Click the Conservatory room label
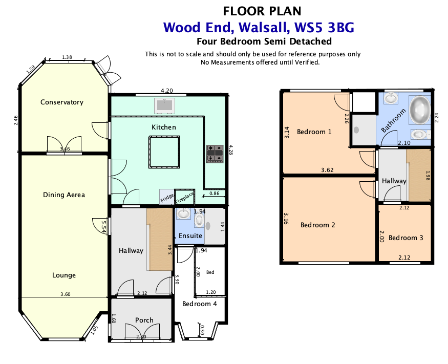(61, 102)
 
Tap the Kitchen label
(163, 127)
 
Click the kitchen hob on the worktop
(215, 154)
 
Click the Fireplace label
(184, 198)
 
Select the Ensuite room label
(190, 236)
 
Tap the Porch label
(144, 320)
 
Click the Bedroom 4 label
(200, 304)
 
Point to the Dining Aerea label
(64, 195)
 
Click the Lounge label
(64, 275)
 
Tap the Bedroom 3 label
(406, 238)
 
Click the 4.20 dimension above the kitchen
(166, 91)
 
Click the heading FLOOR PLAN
(262, 10)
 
